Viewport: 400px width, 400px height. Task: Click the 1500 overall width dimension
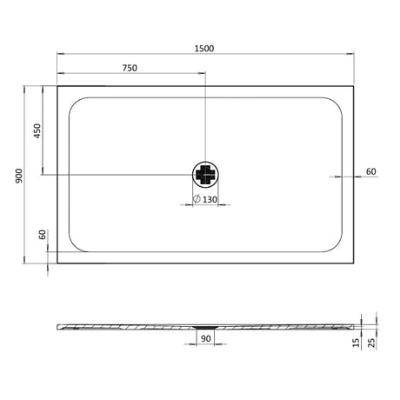[x=205, y=47]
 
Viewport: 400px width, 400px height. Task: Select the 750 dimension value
[x=130, y=68]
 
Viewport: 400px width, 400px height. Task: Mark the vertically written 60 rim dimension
[x=41, y=236]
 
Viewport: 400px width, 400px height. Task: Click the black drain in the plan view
[x=205, y=175]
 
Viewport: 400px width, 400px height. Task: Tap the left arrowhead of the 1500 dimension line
[x=60, y=54]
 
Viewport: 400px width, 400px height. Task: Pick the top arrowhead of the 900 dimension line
[x=23, y=88]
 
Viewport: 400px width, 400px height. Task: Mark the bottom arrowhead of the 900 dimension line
[x=23, y=258]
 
